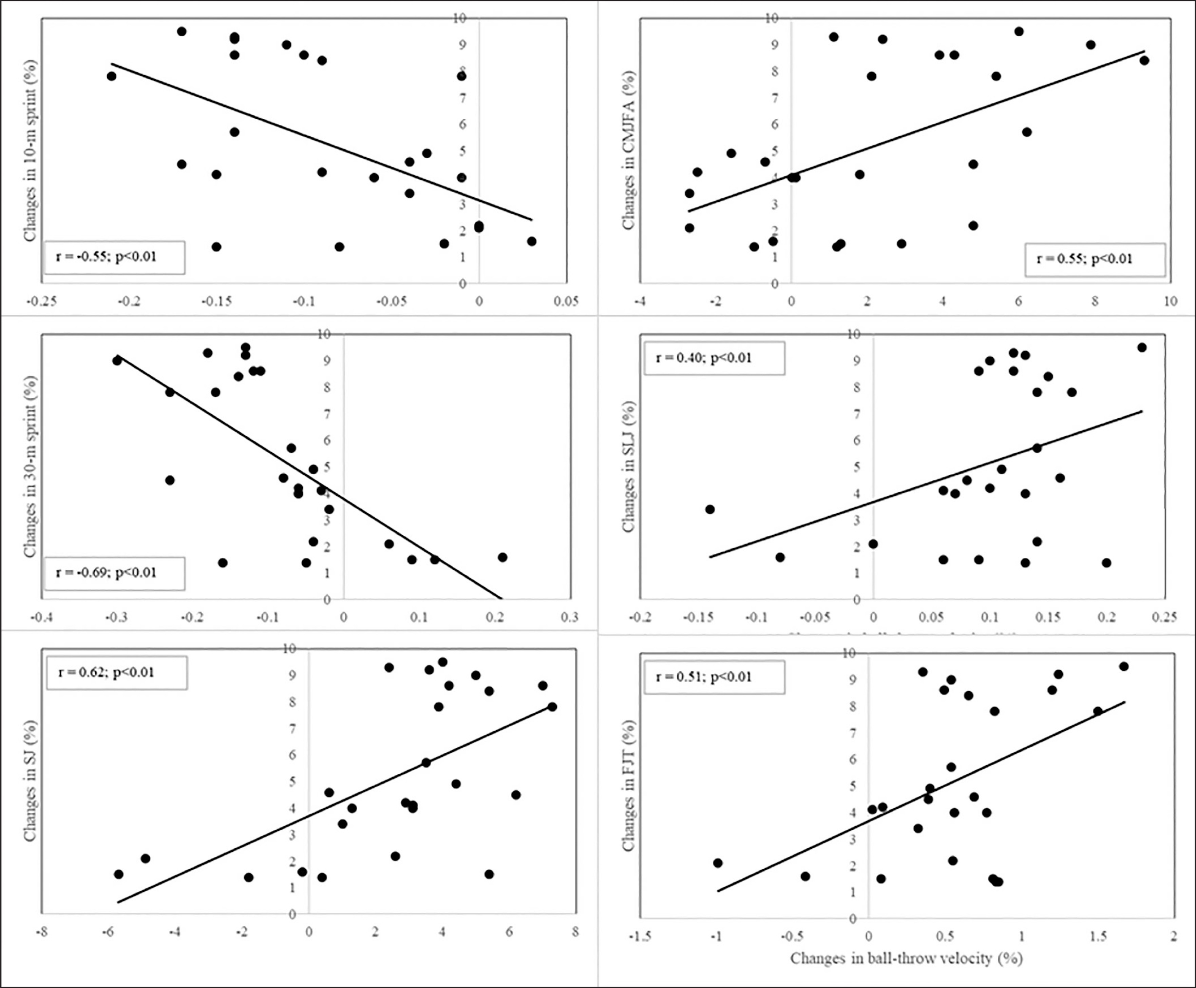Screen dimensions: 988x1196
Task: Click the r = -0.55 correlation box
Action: tap(114, 257)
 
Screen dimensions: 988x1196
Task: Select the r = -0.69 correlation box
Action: tap(114, 573)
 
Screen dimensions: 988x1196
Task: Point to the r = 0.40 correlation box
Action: tap(714, 358)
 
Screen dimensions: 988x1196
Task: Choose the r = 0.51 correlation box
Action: tap(714, 677)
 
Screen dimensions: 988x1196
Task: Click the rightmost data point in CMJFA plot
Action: tap(1144, 60)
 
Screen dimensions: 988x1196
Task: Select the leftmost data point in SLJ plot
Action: tap(710, 509)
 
